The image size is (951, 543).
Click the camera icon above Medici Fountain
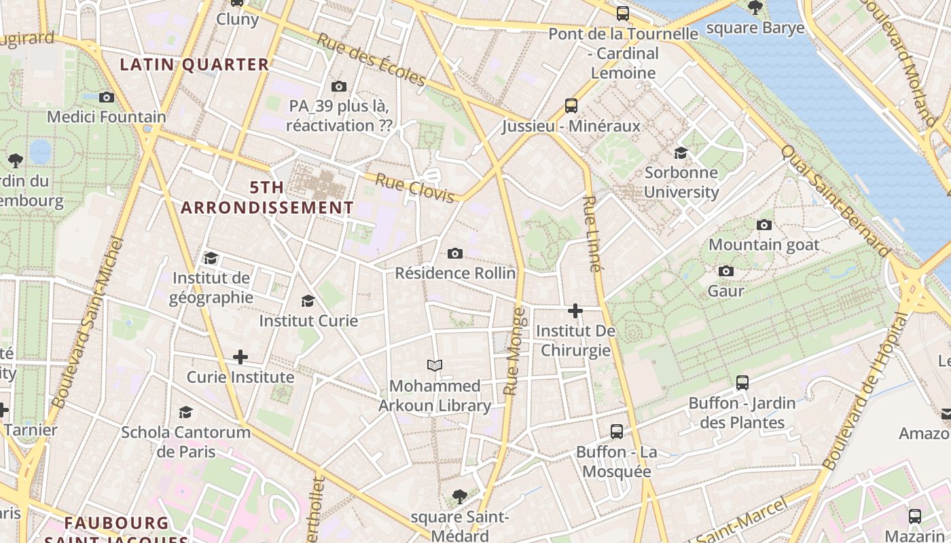[x=107, y=97]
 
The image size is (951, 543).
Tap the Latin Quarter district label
[x=195, y=64]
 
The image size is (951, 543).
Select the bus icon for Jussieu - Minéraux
[x=571, y=106]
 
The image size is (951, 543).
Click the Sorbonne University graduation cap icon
[x=681, y=153]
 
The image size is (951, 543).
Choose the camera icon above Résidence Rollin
[x=455, y=253]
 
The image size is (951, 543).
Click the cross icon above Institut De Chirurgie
[x=575, y=311]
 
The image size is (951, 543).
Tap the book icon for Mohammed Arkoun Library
[x=435, y=365]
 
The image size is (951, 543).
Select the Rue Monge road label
[x=514, y=352]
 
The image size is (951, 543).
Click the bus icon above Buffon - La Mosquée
[x=617, y=431]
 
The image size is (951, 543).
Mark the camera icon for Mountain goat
[x=764, y=225]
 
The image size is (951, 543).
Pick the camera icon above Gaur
[x=726, y=271]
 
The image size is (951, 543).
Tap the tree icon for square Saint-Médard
[x=460, y=496]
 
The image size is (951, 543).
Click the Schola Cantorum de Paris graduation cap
[x=185, y=412]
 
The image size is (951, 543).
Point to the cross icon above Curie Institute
[x=240, y=356]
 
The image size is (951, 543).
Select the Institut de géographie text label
[x=211, y=288]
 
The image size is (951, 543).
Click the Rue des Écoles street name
[x=371, y=59]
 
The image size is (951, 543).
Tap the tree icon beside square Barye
[x=755, y=8]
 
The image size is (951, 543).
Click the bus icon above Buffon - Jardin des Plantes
[x=742, y=383]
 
